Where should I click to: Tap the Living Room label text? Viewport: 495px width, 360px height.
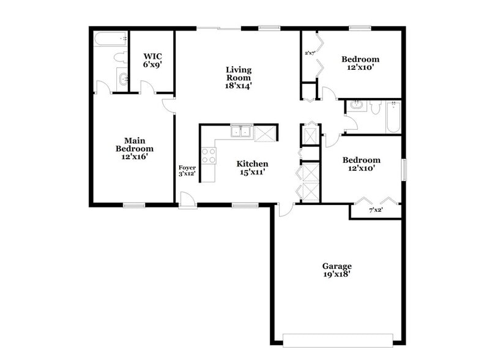pos(238,70)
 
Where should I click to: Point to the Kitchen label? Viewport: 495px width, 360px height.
pos(252,164)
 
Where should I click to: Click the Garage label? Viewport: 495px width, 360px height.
pos(337,266)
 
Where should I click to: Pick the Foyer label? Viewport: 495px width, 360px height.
pos(187,167)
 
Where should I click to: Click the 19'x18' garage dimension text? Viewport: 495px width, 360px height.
pos(337,275)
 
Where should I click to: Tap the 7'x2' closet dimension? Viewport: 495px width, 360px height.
pos(376,211)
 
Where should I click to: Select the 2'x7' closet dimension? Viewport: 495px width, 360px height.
pos(310,53)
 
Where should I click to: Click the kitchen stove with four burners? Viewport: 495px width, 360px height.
pos(209,156)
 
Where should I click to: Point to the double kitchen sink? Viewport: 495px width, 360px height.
pos(242,131)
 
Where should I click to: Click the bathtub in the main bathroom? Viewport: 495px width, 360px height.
pos(111,40)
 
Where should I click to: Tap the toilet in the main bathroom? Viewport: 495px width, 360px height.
pos(119,59)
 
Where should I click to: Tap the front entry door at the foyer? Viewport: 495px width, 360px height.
pos(188,201)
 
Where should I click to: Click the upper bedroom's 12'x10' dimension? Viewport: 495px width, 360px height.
pos(360,67)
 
